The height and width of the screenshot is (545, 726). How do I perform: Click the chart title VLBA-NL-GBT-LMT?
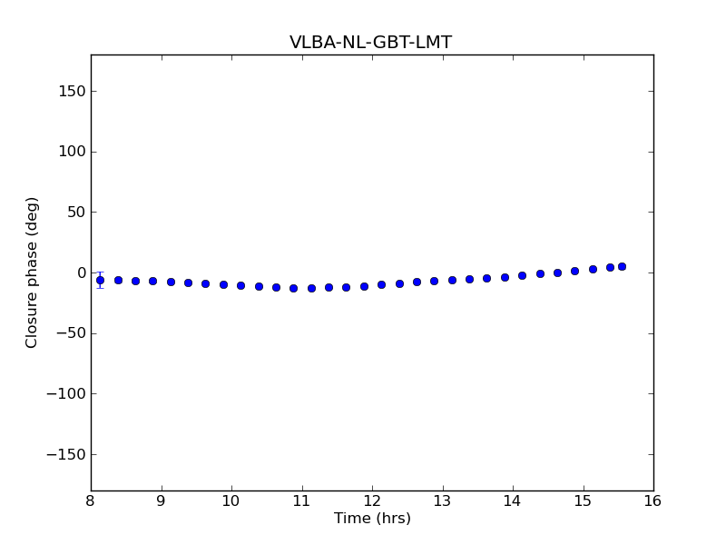(370, 43)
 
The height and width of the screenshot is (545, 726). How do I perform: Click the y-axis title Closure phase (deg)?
(33, 272)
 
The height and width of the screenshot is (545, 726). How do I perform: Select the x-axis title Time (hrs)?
(372, 519)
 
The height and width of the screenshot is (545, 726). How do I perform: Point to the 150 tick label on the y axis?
(73, 91)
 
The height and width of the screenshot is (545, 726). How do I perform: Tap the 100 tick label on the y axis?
(73, 152)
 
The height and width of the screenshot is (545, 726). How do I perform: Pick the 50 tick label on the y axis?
(76, 213)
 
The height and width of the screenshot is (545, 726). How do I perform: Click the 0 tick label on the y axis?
(81, 272)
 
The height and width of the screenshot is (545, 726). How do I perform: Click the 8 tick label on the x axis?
(91, 500)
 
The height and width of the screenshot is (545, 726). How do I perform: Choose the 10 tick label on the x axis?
(231, 500)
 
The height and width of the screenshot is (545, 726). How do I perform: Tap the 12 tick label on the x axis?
(372, 500)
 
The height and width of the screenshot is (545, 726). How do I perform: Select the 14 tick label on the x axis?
(513, 500)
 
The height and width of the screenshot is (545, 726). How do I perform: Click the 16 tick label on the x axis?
(653, 500)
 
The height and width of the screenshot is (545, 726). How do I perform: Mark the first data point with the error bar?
(100, 280)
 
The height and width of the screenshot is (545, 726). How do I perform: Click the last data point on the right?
(622, 266)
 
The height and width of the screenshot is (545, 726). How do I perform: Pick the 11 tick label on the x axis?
(301, 500)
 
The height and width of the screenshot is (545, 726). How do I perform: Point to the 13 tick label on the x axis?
(442, 500)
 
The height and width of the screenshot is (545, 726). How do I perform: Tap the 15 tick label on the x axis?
(583, 500)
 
